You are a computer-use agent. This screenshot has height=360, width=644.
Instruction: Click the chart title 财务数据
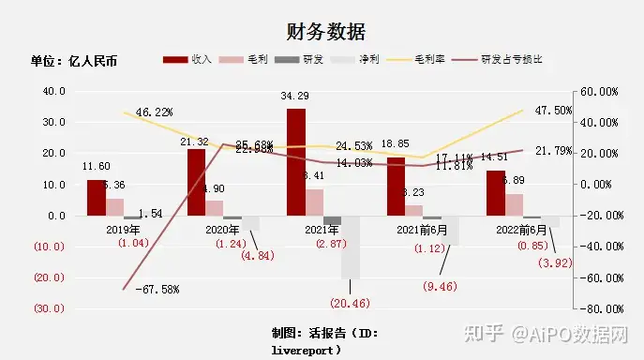point(322,33)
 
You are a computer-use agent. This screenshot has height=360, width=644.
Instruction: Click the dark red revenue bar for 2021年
point(296,162)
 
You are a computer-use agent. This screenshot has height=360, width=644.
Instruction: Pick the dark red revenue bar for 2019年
point(97,198)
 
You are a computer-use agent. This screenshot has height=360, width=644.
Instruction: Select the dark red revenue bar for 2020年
point(196,182)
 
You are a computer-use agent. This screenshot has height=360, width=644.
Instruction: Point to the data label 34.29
point(296,97)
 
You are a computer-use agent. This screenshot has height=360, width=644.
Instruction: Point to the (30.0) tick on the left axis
point(51,308)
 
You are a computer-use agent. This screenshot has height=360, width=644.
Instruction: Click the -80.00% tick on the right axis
point(595,308)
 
